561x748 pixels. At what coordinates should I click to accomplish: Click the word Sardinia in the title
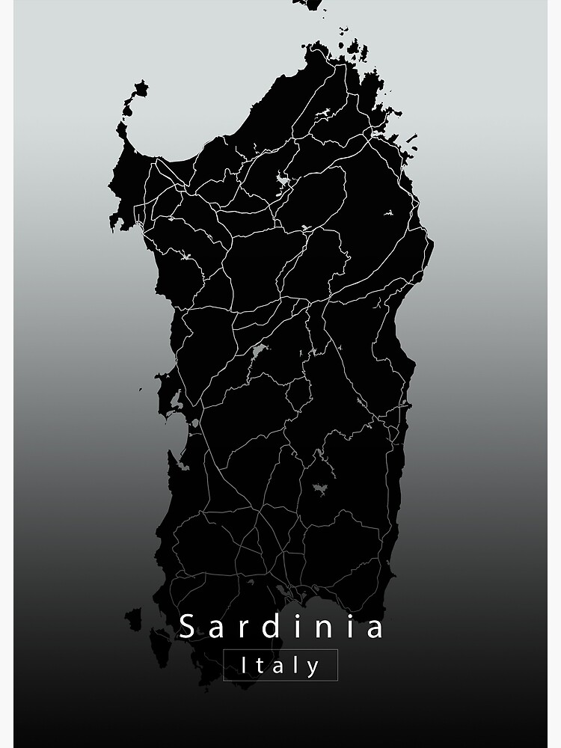(281, 627)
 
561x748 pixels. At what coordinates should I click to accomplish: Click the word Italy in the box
(280, 666)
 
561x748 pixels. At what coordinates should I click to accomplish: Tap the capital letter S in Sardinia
(187, 627)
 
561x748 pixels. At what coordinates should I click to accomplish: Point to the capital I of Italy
(245, 665)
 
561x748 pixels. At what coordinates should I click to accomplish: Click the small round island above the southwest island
(133, 618)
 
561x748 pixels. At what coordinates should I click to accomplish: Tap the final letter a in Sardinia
(375, 627)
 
